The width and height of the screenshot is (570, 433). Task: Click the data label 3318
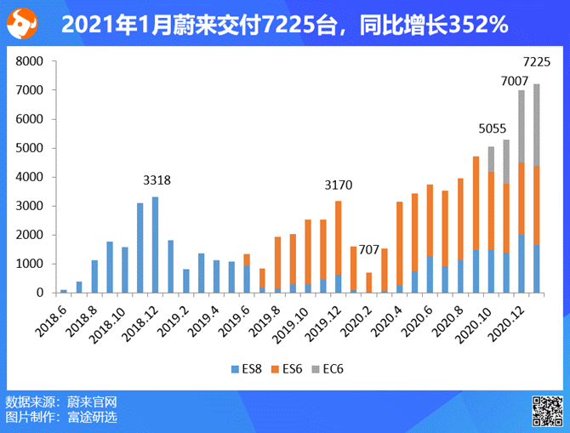coord(157,180)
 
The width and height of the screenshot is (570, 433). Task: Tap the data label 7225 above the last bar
coord(536,61)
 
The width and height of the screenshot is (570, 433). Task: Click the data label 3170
coord(338,185)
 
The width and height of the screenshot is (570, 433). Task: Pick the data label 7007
coord(515,80)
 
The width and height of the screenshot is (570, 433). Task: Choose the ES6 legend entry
coord(288,370)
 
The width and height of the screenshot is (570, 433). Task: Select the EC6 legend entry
coord(329,370)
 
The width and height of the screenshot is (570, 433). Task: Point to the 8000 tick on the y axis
coord(30,62)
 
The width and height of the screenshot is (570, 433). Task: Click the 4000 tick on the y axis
coord(30,177)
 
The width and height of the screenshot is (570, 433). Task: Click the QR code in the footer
coord(546,410)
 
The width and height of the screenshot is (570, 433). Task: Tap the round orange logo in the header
coord(23,24)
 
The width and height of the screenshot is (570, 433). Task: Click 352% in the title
coord(476,26)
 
